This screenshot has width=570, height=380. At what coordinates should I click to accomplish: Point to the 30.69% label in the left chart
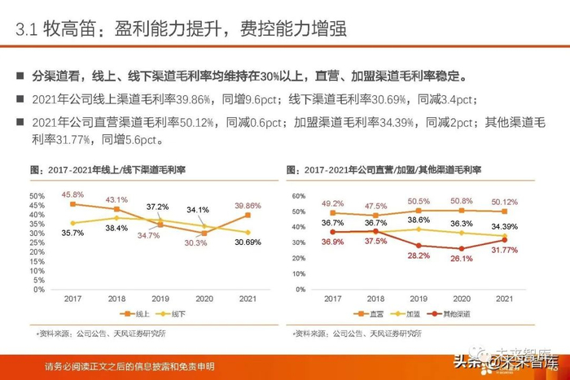[248, 243]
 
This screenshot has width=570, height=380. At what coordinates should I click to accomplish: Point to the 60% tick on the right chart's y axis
[297, 196]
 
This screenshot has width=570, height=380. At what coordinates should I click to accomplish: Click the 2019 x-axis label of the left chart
[160, 299]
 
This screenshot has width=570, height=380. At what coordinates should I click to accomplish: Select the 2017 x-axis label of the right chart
[331, 299]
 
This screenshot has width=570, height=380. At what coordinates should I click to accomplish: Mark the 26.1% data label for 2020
[462, 258]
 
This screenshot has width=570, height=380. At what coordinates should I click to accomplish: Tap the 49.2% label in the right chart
[331, 203]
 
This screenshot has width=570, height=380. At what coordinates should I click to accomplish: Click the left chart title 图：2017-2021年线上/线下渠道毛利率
[107, 169]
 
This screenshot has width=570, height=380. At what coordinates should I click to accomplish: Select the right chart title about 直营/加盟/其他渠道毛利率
[383, 169]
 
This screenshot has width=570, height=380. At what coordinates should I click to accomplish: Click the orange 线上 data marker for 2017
[72, 204]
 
